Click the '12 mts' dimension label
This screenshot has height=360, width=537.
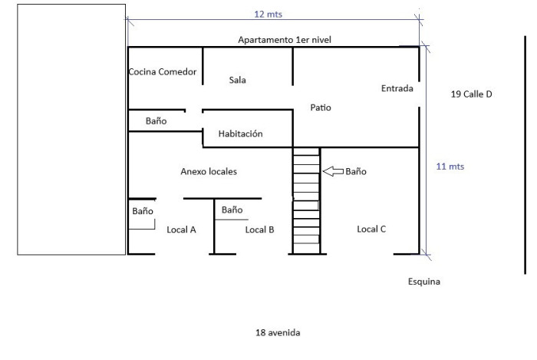268,15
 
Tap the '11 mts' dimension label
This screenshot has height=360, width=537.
450,167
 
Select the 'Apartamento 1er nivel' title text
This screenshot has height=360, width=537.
285,40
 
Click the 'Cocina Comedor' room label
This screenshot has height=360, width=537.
163,71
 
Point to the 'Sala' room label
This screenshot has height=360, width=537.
237,80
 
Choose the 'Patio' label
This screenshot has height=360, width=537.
321,107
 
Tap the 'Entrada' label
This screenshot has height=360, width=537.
397,88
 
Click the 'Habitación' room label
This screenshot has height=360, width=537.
240,134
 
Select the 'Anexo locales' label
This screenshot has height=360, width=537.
209,171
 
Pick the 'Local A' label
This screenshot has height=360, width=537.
181,230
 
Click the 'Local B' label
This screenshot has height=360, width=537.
259,230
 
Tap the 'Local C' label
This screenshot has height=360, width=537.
371,229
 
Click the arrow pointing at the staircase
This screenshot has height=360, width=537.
333,171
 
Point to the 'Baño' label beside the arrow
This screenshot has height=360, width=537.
356,171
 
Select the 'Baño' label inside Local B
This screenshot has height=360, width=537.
232,210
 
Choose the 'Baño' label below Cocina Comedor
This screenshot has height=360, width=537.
156,121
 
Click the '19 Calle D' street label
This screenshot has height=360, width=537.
471,94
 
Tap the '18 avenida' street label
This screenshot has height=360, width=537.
278,332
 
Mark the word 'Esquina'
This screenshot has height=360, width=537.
424,282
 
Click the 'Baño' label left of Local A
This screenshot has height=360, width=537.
143,211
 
